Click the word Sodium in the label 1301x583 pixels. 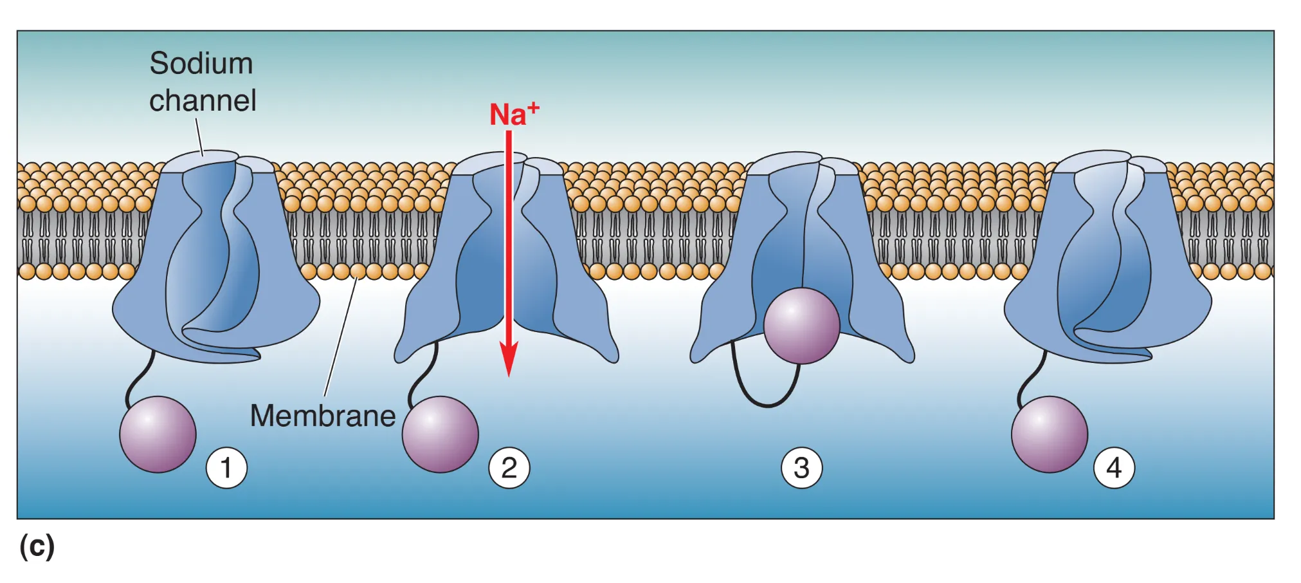pyautogui.click(x=201, y=64)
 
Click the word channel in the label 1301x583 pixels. pyautogui.click(x=203, y=101)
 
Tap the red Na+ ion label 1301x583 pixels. pyautogui.click(x=513, y=115)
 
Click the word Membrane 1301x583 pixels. pyautogui.click(x=322, y=416)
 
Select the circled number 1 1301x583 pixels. pyautogui.click(x=226, y=468)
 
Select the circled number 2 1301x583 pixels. pyautogui.click(x=509, y=468)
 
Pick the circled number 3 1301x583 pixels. pyautogui.click(x=801, y=468)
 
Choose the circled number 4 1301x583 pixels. pyautogui.click(x=1114, y=468)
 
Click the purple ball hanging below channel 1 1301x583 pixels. pyautogui.click(x=158, y=434)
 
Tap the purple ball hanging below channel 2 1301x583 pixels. pyautogui.click(x=440, y=434)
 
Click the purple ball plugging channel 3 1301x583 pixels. pyautogui.click(x=801, y=326)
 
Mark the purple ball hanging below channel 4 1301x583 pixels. pyautogui.click(x=1049, y=434)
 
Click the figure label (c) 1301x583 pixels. pyautogui.click(x=37, y=546)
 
